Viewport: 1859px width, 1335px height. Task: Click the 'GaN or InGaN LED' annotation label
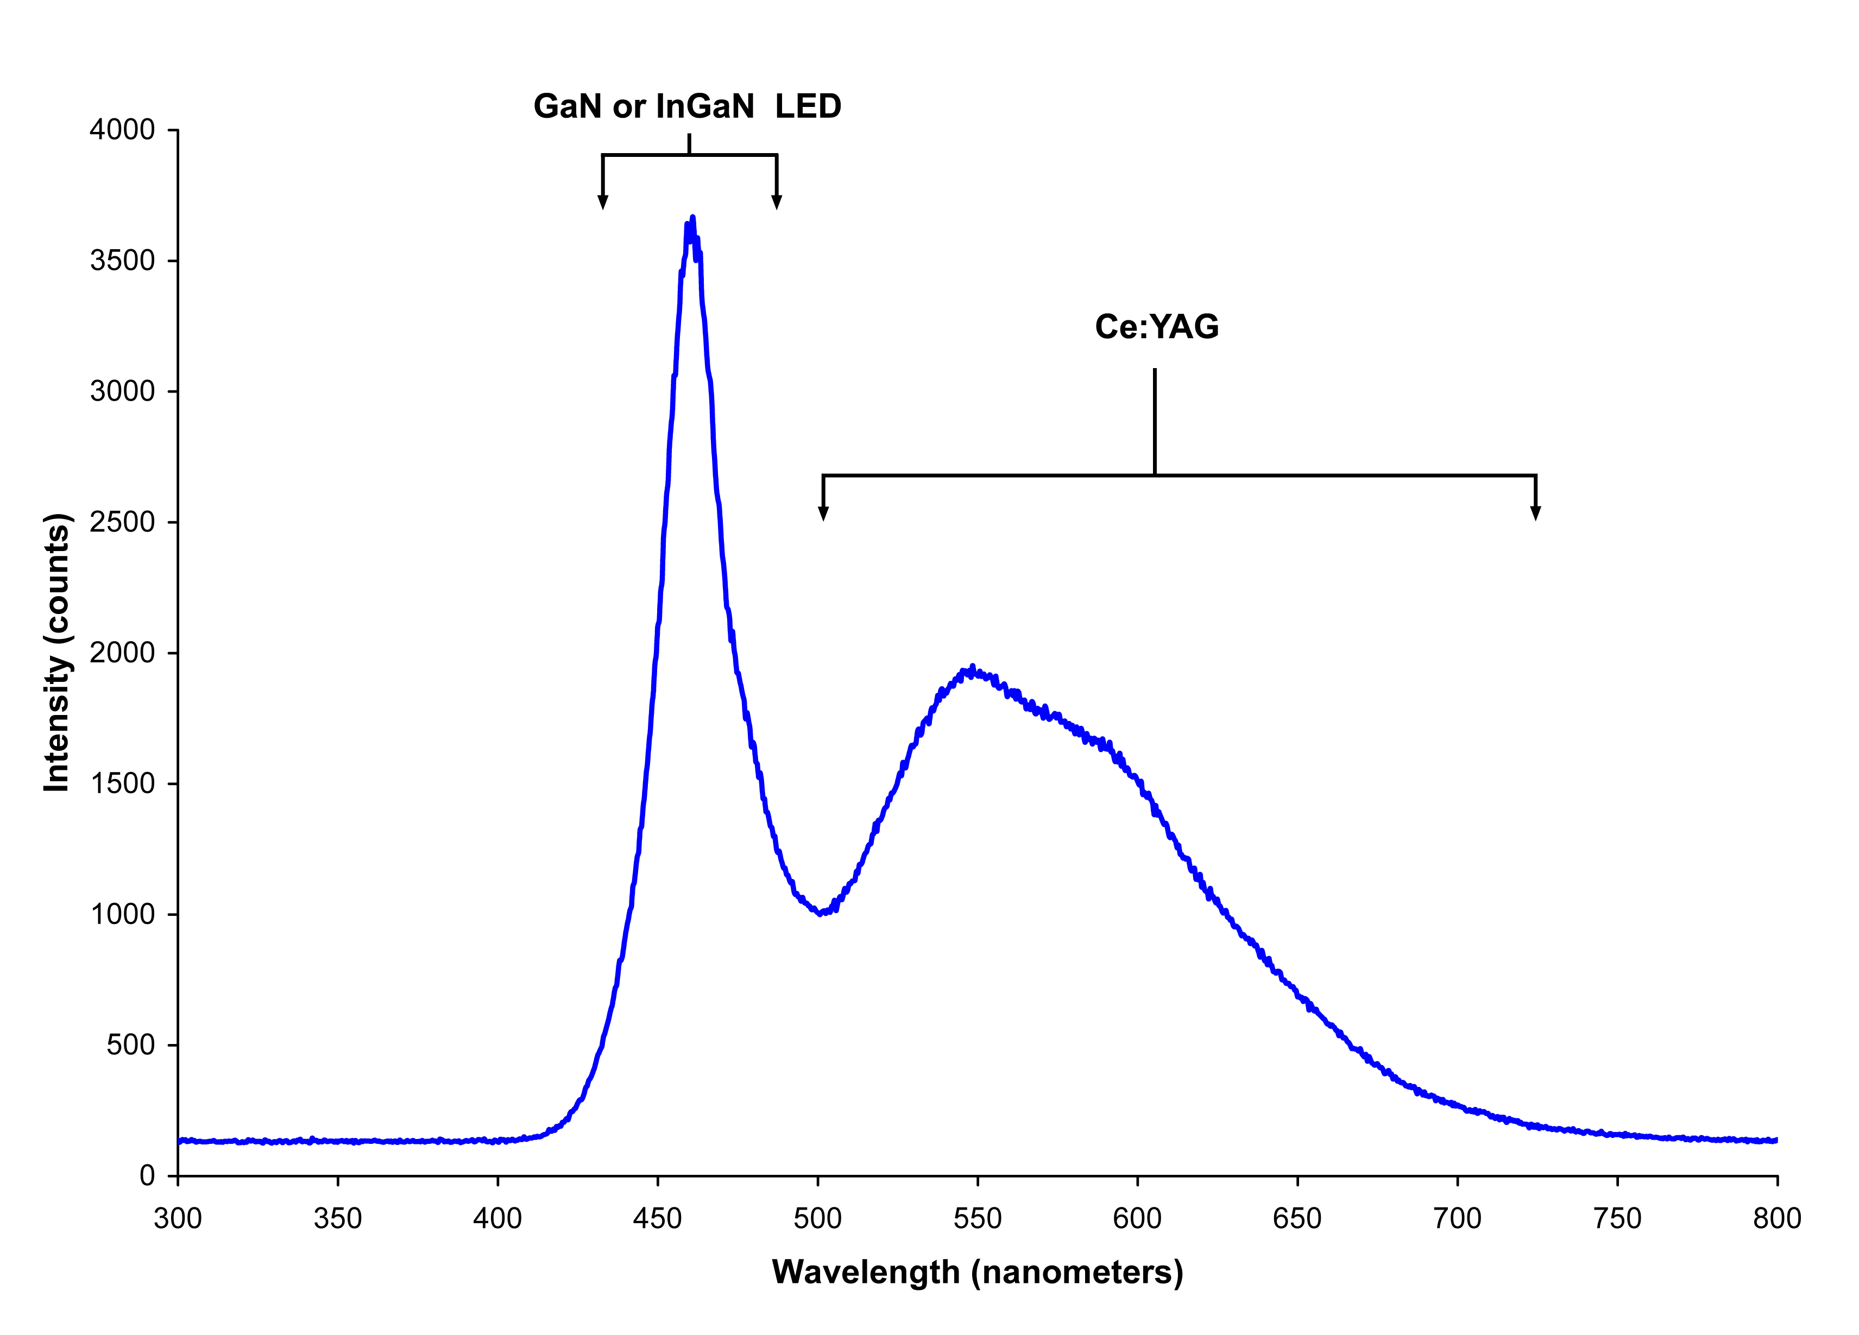(x=687, y=106)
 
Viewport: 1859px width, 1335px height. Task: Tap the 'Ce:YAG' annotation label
(x=1157, y=327)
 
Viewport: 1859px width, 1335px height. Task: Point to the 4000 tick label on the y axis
(x=122, y=130)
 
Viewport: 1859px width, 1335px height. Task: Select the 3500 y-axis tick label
(x=122, y=261)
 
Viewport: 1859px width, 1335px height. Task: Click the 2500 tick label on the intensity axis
(x=122, y=522)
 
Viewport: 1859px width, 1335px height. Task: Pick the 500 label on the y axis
(x=130, y=1045)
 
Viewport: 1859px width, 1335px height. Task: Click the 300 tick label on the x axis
(x=178, y=1219)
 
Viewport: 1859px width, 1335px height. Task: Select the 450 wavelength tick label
(x=657, y=1219)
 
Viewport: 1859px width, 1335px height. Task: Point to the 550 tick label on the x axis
(x=977, y=1219)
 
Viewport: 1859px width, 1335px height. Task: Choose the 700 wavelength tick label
(x=1457, y=1219)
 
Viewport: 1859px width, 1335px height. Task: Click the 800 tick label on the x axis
(x=1777, y=1219)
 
